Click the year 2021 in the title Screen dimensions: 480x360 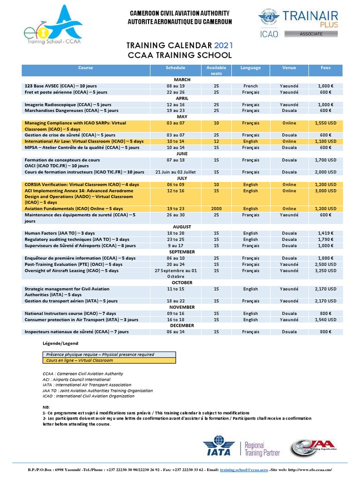click(x=223, y=45)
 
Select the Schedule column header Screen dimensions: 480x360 click(x=176, y=68)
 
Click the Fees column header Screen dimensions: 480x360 click(x=325, y=68)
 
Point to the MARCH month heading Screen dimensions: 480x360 click(x=182, y=80)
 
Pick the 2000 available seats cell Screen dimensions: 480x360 click(x=216, y=209)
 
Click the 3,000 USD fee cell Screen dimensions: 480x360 click(x=325, y=191)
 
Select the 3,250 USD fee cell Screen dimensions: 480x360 click(x=325, y=270)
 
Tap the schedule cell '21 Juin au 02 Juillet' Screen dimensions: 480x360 click(x=176, y=172)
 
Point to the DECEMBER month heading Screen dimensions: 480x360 click(x=182, y=325)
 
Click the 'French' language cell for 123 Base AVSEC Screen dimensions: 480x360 click(x=250, y=86)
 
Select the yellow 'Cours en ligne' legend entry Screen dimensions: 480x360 click(x=80, y=360)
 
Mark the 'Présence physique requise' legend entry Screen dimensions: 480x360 click(x=100, y=355)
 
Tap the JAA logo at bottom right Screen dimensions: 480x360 click(x=310, y=448)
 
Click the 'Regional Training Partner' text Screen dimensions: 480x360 click(x=262, y=449)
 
